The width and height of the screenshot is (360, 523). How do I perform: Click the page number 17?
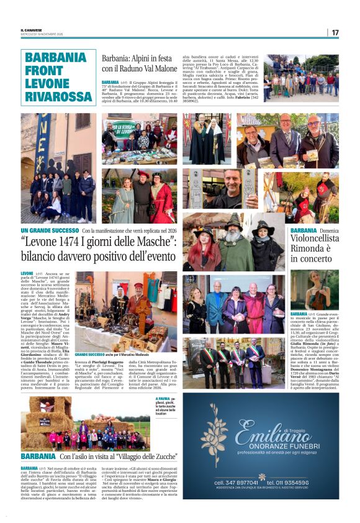coord(335,32)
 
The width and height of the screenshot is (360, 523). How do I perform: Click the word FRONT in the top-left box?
coord(44,70)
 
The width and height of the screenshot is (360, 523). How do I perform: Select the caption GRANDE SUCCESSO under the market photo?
coord(92,353)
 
